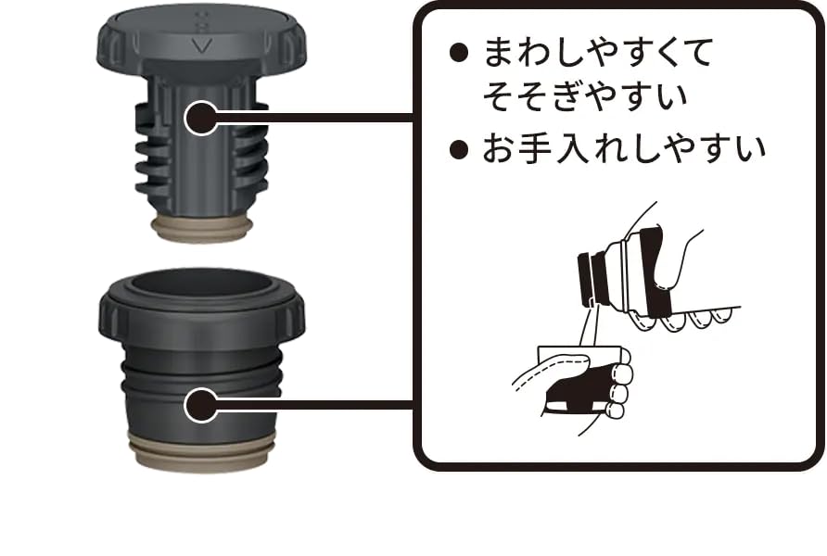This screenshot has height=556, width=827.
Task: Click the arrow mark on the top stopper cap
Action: pyautogui.click(x=201, y=45)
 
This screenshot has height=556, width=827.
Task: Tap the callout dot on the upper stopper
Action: pyautogui.click(x=201, y=118)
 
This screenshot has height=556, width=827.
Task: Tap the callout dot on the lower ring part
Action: pyautogui.click(x=201, y=405)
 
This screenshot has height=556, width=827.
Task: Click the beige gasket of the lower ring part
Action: pyautogui.click(x=201, y=447)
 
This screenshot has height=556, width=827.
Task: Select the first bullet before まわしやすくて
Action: pyautogui.click(x=459, y=53)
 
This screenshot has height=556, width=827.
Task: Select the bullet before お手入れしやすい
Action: pyautogui.click(x=459, y=149)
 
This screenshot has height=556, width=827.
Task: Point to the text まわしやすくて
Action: pyautogui.click(x=598, y=53)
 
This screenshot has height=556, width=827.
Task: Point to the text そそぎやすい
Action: pyautogui.click(x=585, y=96)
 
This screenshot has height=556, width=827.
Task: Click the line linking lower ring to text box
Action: pyautogui.click(x=313, y=405)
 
